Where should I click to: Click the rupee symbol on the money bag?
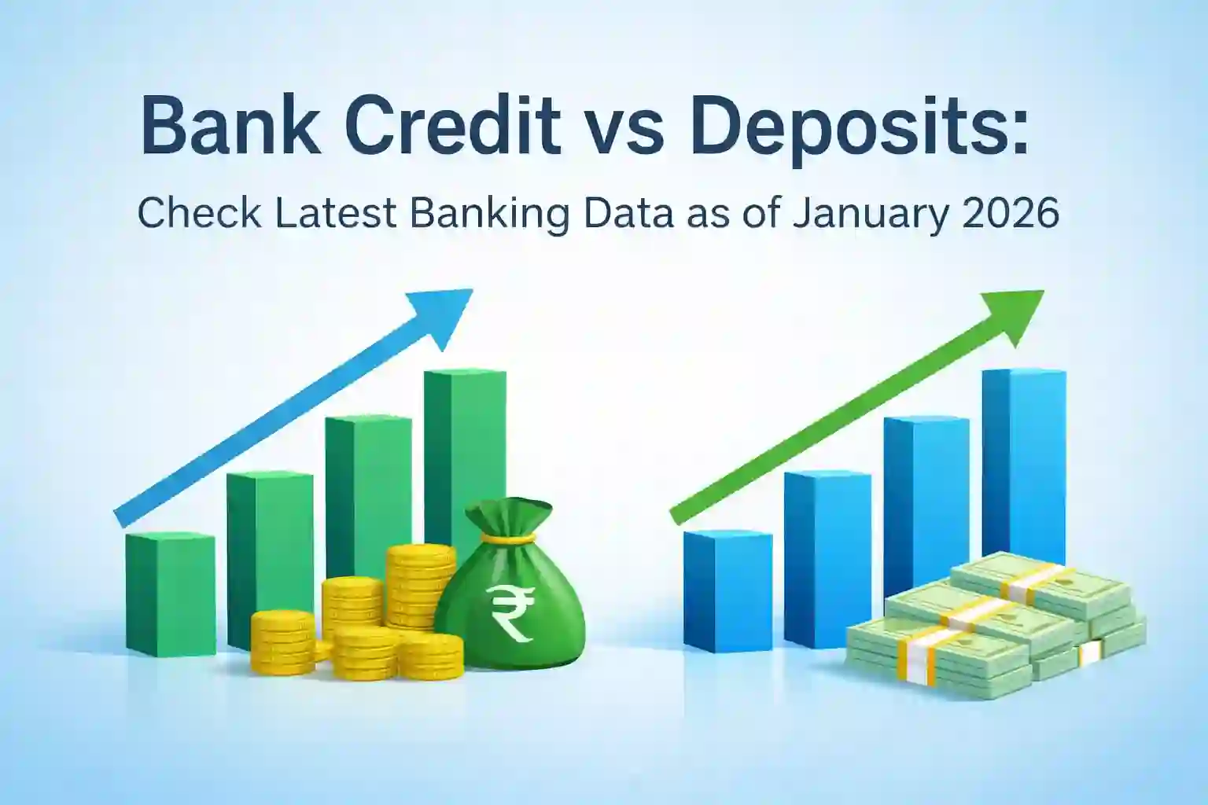[510, 613]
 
